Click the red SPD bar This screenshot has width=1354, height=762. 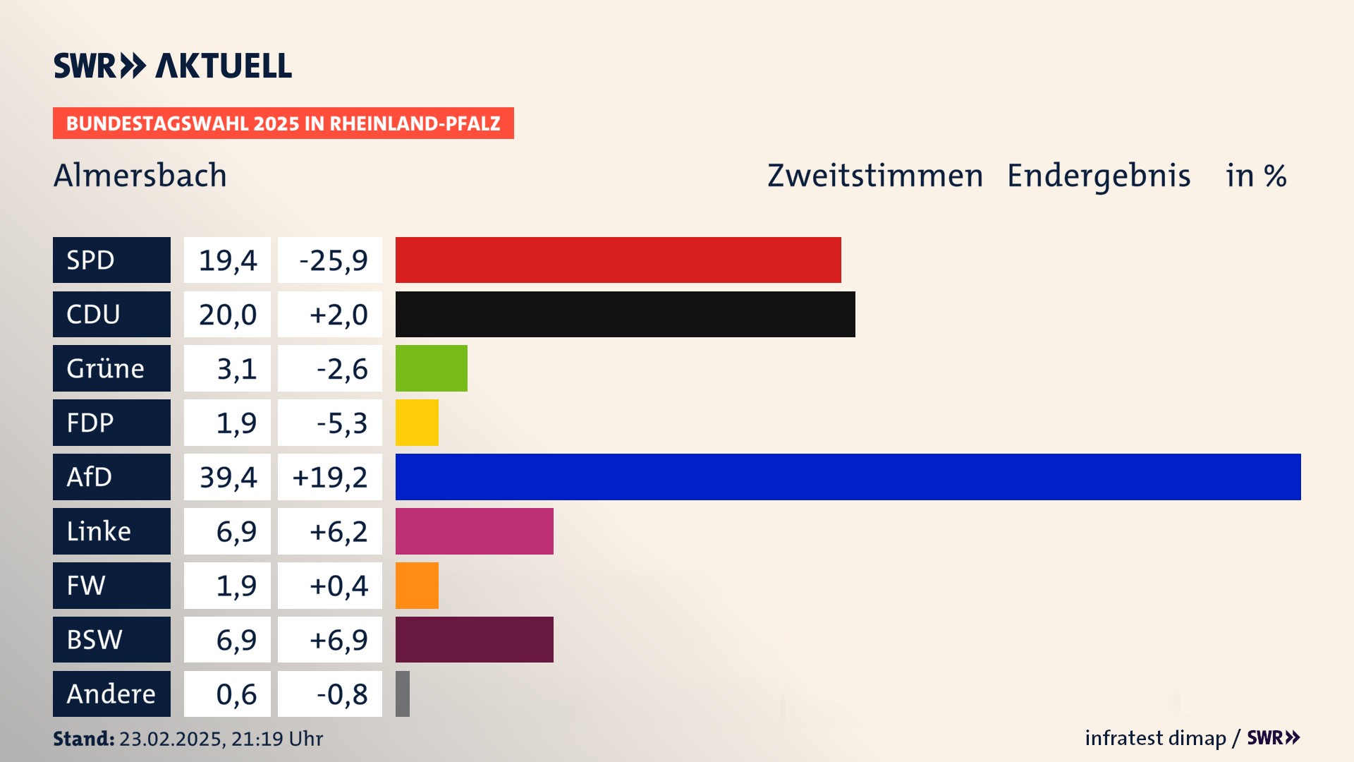[x=618, y=260]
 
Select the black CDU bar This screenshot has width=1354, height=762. [x=625, y=314]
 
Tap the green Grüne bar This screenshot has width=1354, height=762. [x=431, y=368]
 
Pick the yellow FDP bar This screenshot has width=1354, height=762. [x=417, y=423]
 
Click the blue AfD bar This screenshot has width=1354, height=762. [x=848, y=477]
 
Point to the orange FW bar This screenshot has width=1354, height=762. [x=417, y=586]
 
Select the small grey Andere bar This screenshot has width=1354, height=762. [x=403, y=694]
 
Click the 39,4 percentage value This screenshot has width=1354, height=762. [x=228, y=477]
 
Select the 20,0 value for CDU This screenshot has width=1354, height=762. [x=228, y=314]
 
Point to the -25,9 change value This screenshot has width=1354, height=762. [x=333, y=260]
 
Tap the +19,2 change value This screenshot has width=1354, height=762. [x=330, y=477]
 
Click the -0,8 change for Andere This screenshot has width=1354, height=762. [x=341, y=694]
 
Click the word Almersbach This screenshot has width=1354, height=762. [x=140, y=176]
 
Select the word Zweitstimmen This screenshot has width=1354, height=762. [x=875, y=176]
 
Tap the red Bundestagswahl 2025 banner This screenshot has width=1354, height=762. [x=283, y=123]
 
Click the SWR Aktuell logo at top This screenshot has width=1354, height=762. [x=173, y=66]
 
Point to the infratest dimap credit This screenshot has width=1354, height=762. [x=1155, y=738]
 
